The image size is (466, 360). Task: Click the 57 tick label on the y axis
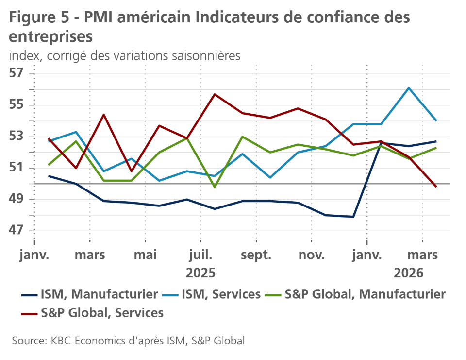16,74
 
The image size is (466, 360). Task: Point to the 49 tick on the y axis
16,199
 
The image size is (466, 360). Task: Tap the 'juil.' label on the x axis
200,255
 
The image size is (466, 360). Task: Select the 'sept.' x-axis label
256,255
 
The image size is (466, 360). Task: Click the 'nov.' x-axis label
312,255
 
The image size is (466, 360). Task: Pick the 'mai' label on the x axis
145,255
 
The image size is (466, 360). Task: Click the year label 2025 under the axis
200,273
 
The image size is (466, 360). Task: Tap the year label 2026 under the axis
409,273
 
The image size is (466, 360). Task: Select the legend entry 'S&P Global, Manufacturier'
365,294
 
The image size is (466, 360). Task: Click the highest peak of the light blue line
409,88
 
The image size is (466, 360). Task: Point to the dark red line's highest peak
215,94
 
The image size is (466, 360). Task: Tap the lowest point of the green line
215,187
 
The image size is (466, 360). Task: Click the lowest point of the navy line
353,217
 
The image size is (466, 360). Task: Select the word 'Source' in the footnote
27,341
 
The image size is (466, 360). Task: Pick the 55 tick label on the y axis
16,105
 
